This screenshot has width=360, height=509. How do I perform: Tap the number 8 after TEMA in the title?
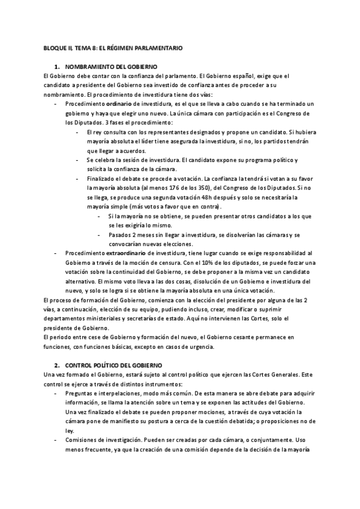105,47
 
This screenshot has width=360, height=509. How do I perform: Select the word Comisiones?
83,440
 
